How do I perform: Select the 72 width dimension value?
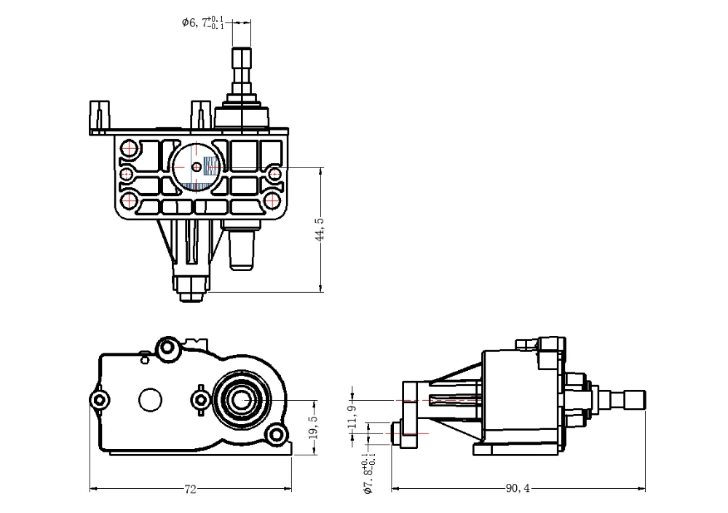click(x=190, y=490)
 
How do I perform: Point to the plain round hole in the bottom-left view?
click(x=151, y=399)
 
